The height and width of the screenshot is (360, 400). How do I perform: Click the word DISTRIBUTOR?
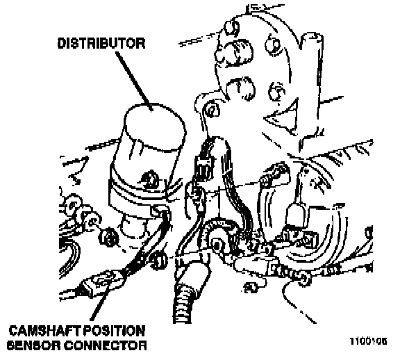tap(101, 43)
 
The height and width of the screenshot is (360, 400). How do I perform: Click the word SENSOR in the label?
tap(34, 345)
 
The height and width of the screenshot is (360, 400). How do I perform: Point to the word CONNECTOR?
tap(105, 345)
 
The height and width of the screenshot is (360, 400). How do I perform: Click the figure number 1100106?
tap(368, 341)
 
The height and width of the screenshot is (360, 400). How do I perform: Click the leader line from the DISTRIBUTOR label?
tap(134, 82)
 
